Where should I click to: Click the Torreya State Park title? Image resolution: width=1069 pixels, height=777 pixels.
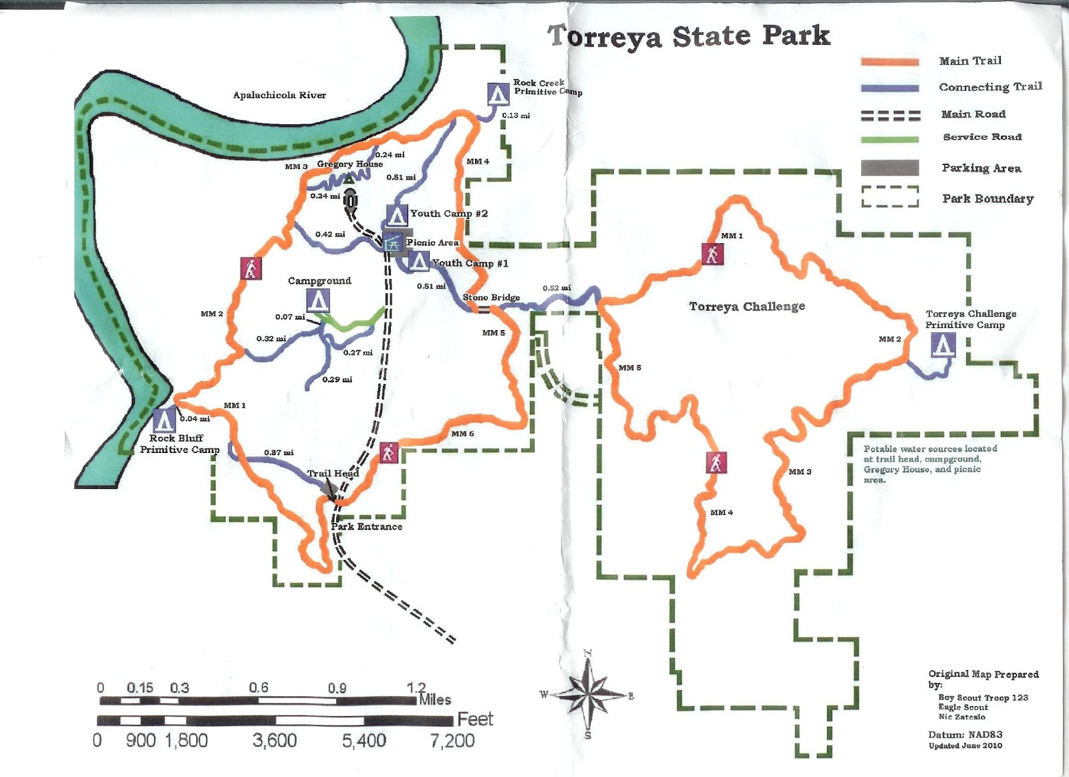(688, 36)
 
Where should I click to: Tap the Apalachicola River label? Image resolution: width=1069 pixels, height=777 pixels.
(279, 95)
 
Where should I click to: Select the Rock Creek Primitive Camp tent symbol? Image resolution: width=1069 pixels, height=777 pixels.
(497, 94)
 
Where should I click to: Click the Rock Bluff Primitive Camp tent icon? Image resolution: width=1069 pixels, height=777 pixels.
(164, 420)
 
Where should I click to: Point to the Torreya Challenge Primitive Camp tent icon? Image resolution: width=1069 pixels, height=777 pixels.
(943, 345)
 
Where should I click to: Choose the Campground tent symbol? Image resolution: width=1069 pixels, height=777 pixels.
(318, 301)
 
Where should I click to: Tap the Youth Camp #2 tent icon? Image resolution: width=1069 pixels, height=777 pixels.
(397, 216)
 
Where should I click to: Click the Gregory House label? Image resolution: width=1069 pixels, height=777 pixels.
(349, 164)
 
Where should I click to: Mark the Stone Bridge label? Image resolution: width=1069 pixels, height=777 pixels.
(491, 297)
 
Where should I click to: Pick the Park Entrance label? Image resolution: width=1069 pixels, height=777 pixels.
(367, 526)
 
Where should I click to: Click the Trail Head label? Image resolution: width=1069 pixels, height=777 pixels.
(333, 473)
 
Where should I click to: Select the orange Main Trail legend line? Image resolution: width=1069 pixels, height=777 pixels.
(890, 61)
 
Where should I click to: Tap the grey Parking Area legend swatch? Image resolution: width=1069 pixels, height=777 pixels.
(889, 168)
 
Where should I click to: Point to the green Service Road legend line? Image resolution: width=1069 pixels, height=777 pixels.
(890, 140)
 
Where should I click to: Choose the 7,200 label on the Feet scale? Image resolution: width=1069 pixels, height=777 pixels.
(452, 740)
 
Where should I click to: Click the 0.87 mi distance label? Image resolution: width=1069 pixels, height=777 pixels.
(279, 452)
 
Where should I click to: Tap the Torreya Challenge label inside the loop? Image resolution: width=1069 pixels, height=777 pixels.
(747, 307)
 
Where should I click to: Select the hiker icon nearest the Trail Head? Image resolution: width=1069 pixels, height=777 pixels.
(388, 452)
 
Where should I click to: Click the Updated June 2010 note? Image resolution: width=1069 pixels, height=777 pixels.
(965, 746)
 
